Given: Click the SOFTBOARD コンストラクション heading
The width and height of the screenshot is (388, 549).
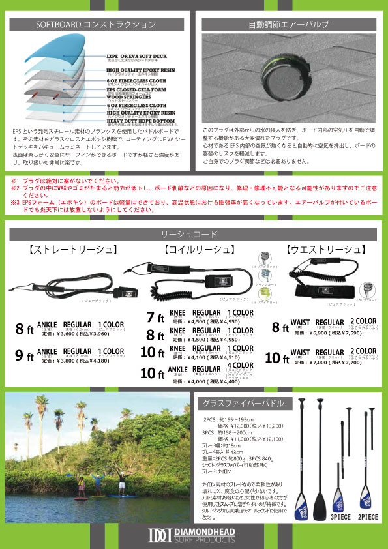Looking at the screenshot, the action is click(x=96, y=25).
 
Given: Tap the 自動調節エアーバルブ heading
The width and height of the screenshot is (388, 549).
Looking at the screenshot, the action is click(x=289, y=25).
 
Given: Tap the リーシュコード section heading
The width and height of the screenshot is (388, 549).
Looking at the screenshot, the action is click(x=194, y=233).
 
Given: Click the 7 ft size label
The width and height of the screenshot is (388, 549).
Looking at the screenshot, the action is click(x=155, y=318).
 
